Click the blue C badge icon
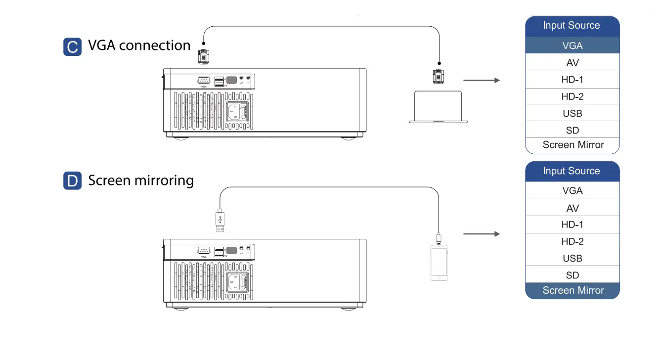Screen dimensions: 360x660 coord(72,47)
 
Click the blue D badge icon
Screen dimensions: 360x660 coord(72,181)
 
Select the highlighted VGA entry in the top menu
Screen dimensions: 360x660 coord(572,45)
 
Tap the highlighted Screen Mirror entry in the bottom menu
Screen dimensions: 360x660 coord(572,291)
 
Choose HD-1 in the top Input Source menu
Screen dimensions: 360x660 coord(572,80)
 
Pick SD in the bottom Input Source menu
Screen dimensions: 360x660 coord(572,275)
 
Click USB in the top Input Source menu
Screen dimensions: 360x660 coord(572,113)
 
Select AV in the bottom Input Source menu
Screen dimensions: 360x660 coord(572,208)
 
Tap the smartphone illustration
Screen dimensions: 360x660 coord(439,263)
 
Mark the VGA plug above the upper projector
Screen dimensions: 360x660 coord(203,56)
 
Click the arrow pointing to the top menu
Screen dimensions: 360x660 coord(482,80)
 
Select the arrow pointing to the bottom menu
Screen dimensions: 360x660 coord(482,234)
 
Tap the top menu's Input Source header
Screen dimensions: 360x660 coord(572,26)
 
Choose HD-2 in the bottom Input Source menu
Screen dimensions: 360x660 coord(572,241)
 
